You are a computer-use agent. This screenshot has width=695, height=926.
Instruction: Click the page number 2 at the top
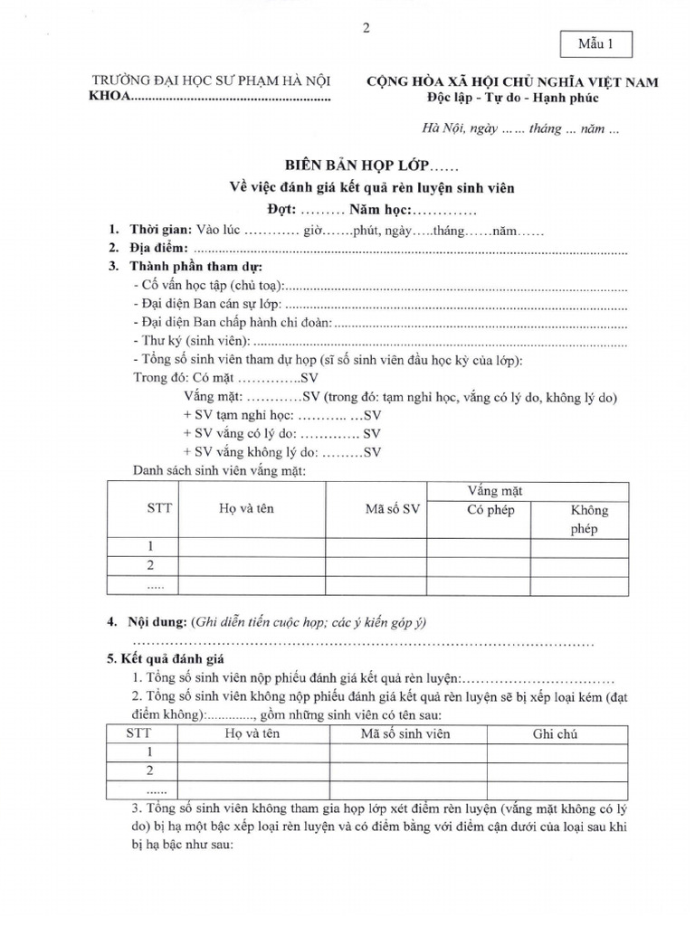click(x=366, y=28)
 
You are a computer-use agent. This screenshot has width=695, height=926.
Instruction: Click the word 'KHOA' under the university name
click(x=109, y=98)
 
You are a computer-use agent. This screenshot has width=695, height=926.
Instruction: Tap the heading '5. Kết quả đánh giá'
click(x=167, y=659)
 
